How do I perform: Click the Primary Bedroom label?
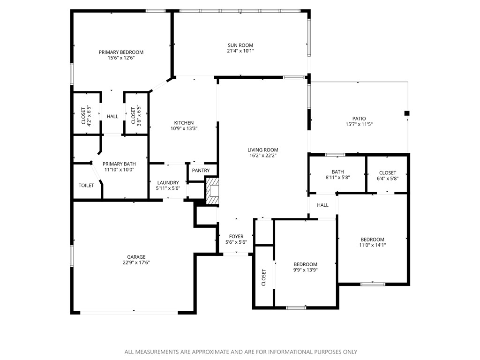click(121, 52)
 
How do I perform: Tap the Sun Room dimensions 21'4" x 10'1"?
click(240, 51)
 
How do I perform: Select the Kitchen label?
click(184, 122)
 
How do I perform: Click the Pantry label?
click(201, 171)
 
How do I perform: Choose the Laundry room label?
click(168, 182)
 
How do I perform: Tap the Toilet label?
click(86, 186)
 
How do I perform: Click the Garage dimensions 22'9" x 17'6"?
click(136, 262)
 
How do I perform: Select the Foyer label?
click(236, 236)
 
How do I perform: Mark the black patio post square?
click(407, 113)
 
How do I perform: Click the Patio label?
click(359, 119)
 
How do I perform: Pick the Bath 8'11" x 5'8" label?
click(337, 172)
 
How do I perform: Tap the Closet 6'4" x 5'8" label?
click(387, 172)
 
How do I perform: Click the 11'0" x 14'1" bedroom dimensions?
click(372, 245)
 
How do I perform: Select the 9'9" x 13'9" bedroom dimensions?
click(305, 270)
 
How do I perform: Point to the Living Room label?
click(263, 150)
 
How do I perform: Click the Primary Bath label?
click(119, 164)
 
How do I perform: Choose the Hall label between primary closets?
click(112, 117)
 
